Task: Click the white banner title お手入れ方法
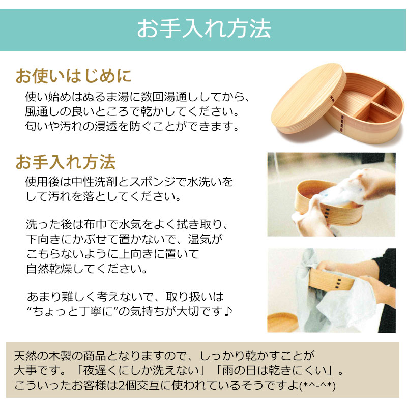(x=204, y=28)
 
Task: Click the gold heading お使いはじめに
(x=74, y=76)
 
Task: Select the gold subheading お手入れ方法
(x=66, y=162)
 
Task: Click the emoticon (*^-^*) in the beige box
(x=317, y=386)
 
